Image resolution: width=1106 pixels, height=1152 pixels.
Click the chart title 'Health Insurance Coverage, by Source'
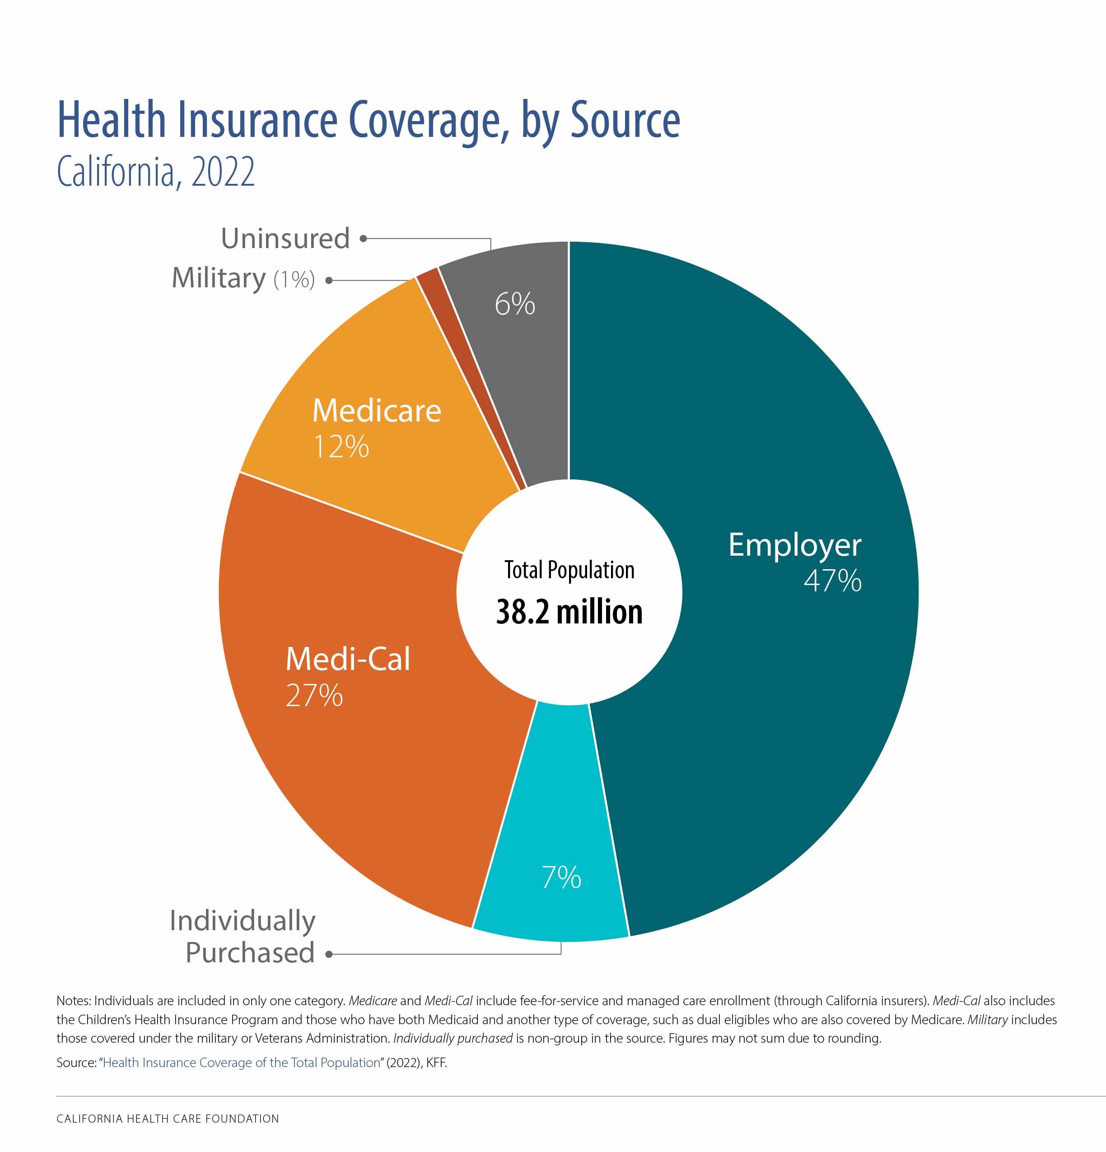coord(369,121)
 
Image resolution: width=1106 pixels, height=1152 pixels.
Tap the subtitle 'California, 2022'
coord(156,172)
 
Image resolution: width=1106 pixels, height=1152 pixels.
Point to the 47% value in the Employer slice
coord(832,581)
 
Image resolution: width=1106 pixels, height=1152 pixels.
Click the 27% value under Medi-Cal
coord(314,695)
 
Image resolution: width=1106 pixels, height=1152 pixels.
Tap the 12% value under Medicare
coord(341,447)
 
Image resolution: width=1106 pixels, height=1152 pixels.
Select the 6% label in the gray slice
coord(515,304)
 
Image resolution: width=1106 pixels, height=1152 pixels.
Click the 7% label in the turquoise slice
coord(561,877)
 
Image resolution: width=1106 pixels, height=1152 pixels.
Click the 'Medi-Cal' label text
coord(348,658)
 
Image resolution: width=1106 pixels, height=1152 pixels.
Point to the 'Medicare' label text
coord(377,410)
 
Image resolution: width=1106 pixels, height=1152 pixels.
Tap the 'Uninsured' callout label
coord(285,238)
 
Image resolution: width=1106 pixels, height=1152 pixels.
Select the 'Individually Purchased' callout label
coord(243,937)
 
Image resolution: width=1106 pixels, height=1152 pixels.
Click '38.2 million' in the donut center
coord(569,612)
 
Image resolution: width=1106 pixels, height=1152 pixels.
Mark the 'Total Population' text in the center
coord(569,570)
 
